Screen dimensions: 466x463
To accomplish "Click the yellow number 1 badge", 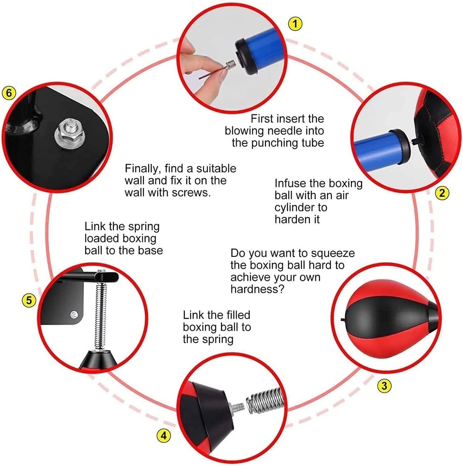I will (295, 24).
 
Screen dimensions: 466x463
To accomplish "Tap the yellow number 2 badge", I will (442, 192).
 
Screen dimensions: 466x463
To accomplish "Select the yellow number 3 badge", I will (384, 385).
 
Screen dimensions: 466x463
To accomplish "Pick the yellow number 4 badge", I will (164, 436).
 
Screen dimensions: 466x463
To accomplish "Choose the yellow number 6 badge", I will (9, 93).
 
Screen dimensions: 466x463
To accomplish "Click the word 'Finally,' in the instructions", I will (142, 168).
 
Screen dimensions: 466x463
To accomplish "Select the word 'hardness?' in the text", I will (257, 289).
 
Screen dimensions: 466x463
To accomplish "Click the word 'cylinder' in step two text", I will (295, 207).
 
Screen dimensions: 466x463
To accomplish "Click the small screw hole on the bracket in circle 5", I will (74, 315).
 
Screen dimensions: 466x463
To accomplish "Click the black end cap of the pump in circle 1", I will (247, 55).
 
